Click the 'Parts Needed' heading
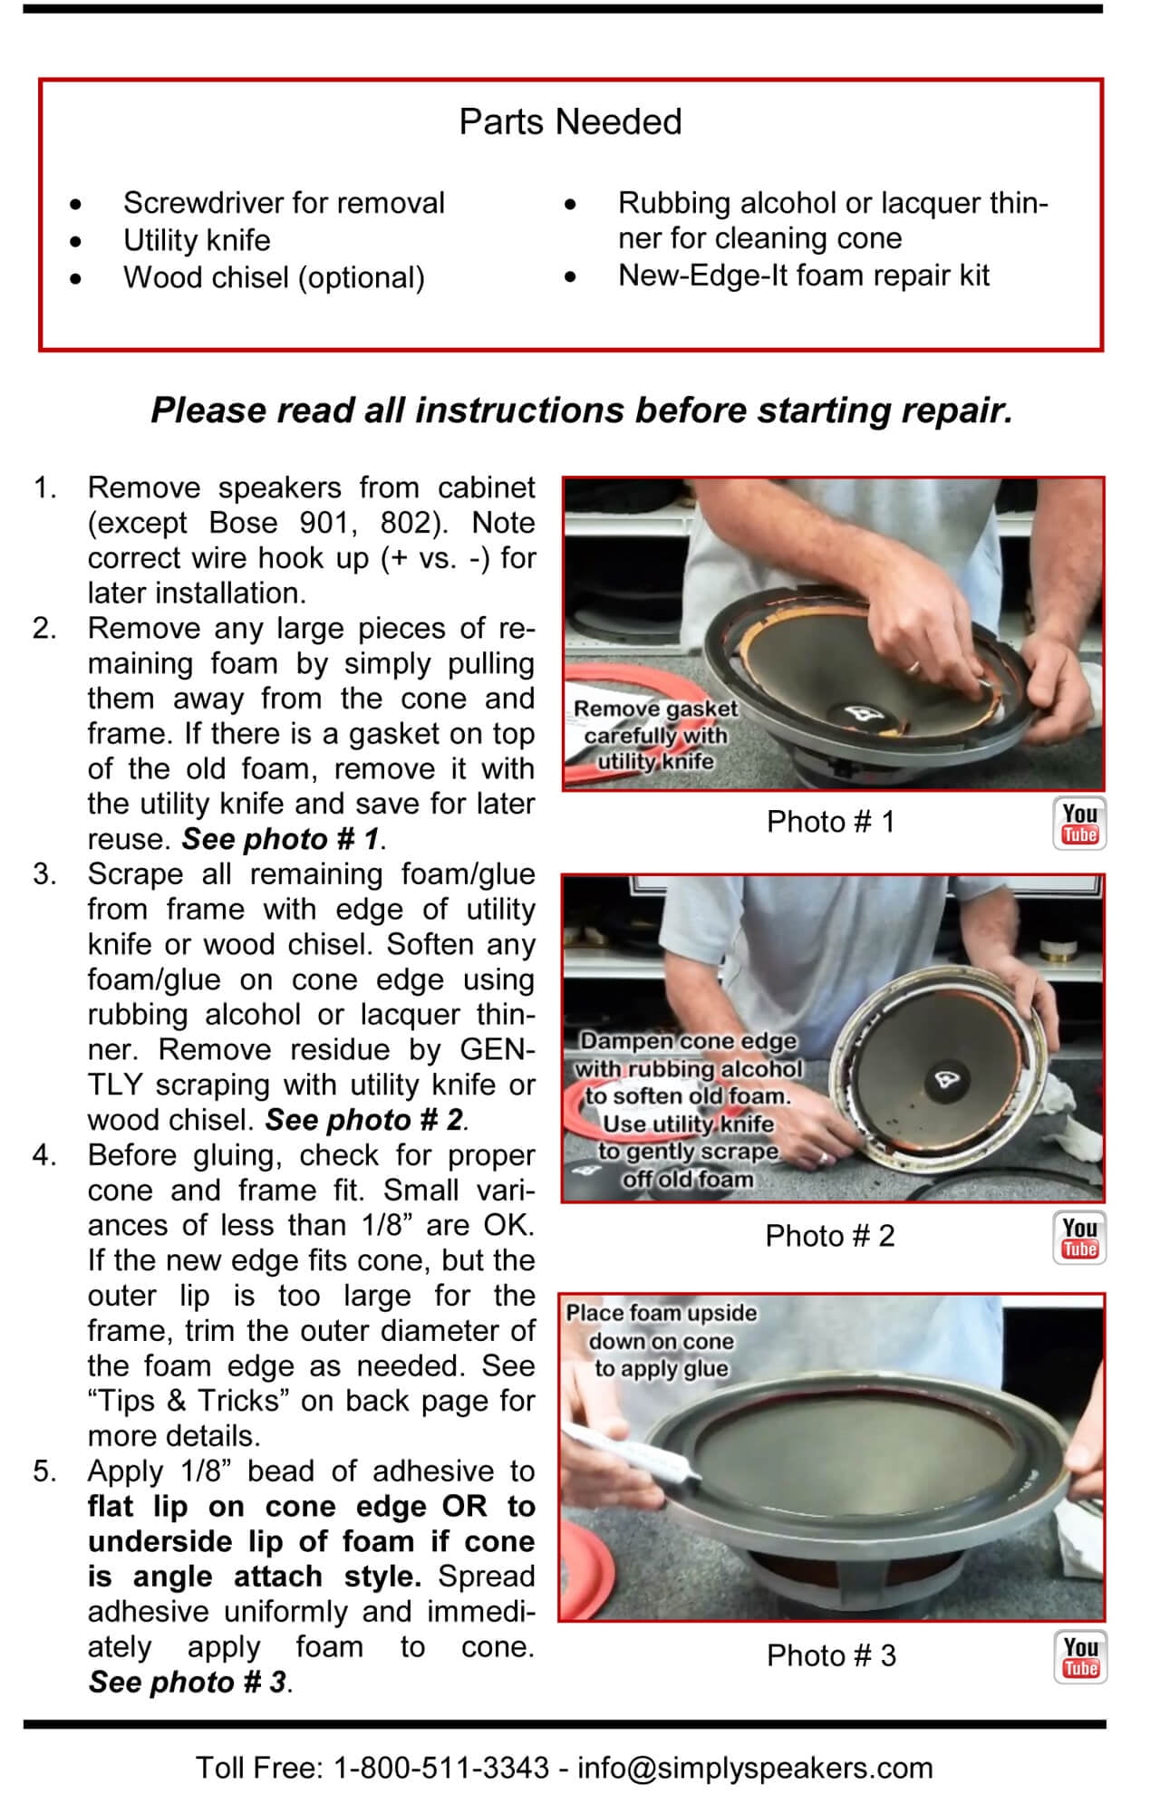(570, 121)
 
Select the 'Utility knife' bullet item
(197, 240)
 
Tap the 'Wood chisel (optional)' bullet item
(274, 277)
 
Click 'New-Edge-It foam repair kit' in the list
(803, 275)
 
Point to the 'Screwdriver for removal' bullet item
(284, 203)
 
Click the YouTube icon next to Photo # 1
(1079, 824)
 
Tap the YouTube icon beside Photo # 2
(1079, 1238)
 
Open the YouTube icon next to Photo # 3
(1080, 1657)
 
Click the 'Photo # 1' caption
(830, 822)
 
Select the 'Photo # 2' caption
(829, 1236)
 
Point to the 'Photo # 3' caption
(831, 1655)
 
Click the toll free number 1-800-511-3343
(441, 1768)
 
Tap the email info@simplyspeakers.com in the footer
(755, 1768)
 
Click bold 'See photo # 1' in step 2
(280, 839)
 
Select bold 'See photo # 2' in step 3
(363, 1121)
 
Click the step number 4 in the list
(45, 1156)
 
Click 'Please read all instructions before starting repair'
(581, 410)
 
